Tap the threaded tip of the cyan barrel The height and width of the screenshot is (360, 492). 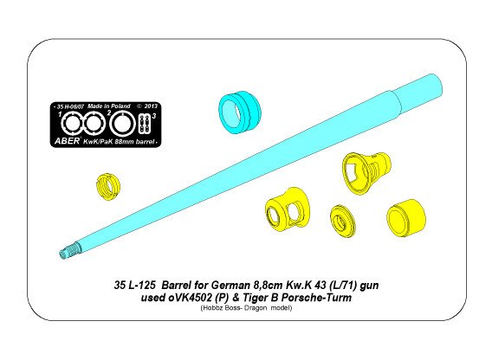click(x=67, y=252)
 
